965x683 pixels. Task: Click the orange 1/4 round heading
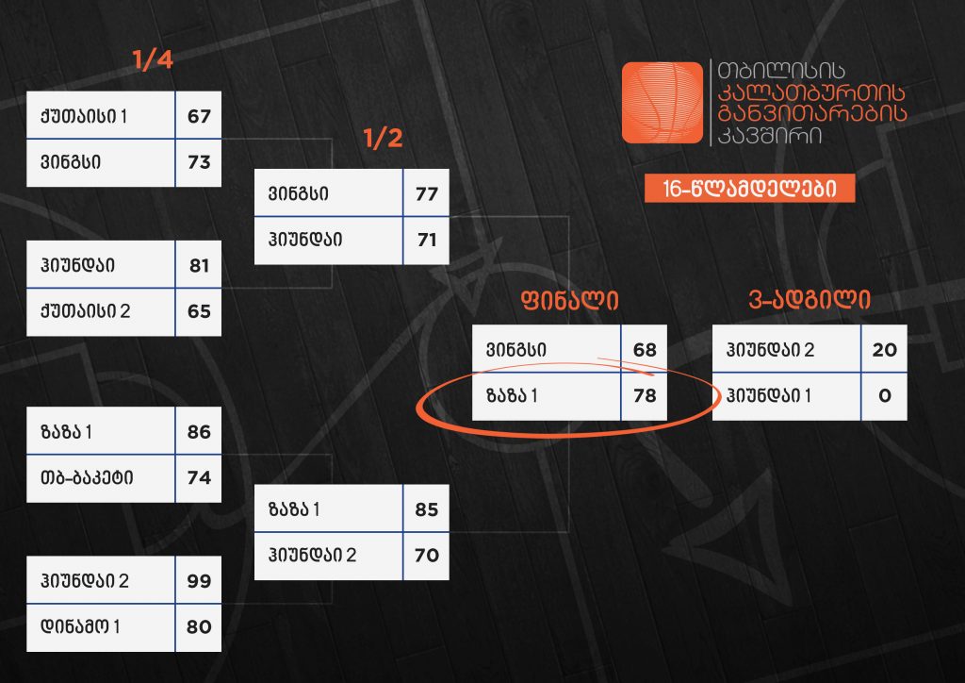[x=153, y=59]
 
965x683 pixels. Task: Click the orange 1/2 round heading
[x=383, y=138]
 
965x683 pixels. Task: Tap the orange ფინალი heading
[x=569, y=300]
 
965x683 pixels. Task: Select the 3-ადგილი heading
[x=810, y=300]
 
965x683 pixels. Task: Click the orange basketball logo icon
[x=662, y=102]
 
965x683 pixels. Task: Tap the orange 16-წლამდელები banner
[x=749, y=189]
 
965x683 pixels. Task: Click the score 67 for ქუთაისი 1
[x=199, y=116]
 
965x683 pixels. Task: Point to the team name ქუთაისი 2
[x=85, y=311]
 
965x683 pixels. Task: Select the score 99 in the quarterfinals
[x=199, y=581]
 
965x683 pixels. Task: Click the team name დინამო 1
[x=80, y=627]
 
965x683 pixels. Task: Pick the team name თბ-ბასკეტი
[x=86, y=478]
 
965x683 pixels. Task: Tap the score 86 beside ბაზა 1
[x=199, y=432]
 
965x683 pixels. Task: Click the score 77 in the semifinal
[x=427, y=194]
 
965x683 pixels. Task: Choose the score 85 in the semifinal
[x=427, y=509]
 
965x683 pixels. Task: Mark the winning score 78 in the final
[x=645, y=395]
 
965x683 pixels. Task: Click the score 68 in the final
[x=645, y=350]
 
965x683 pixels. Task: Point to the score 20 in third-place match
[x=884, y=350]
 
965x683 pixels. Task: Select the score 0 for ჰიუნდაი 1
[x=885, y=395]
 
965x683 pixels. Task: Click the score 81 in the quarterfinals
[x=199, y=265]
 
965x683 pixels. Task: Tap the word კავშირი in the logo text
[x=769, y=136]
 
